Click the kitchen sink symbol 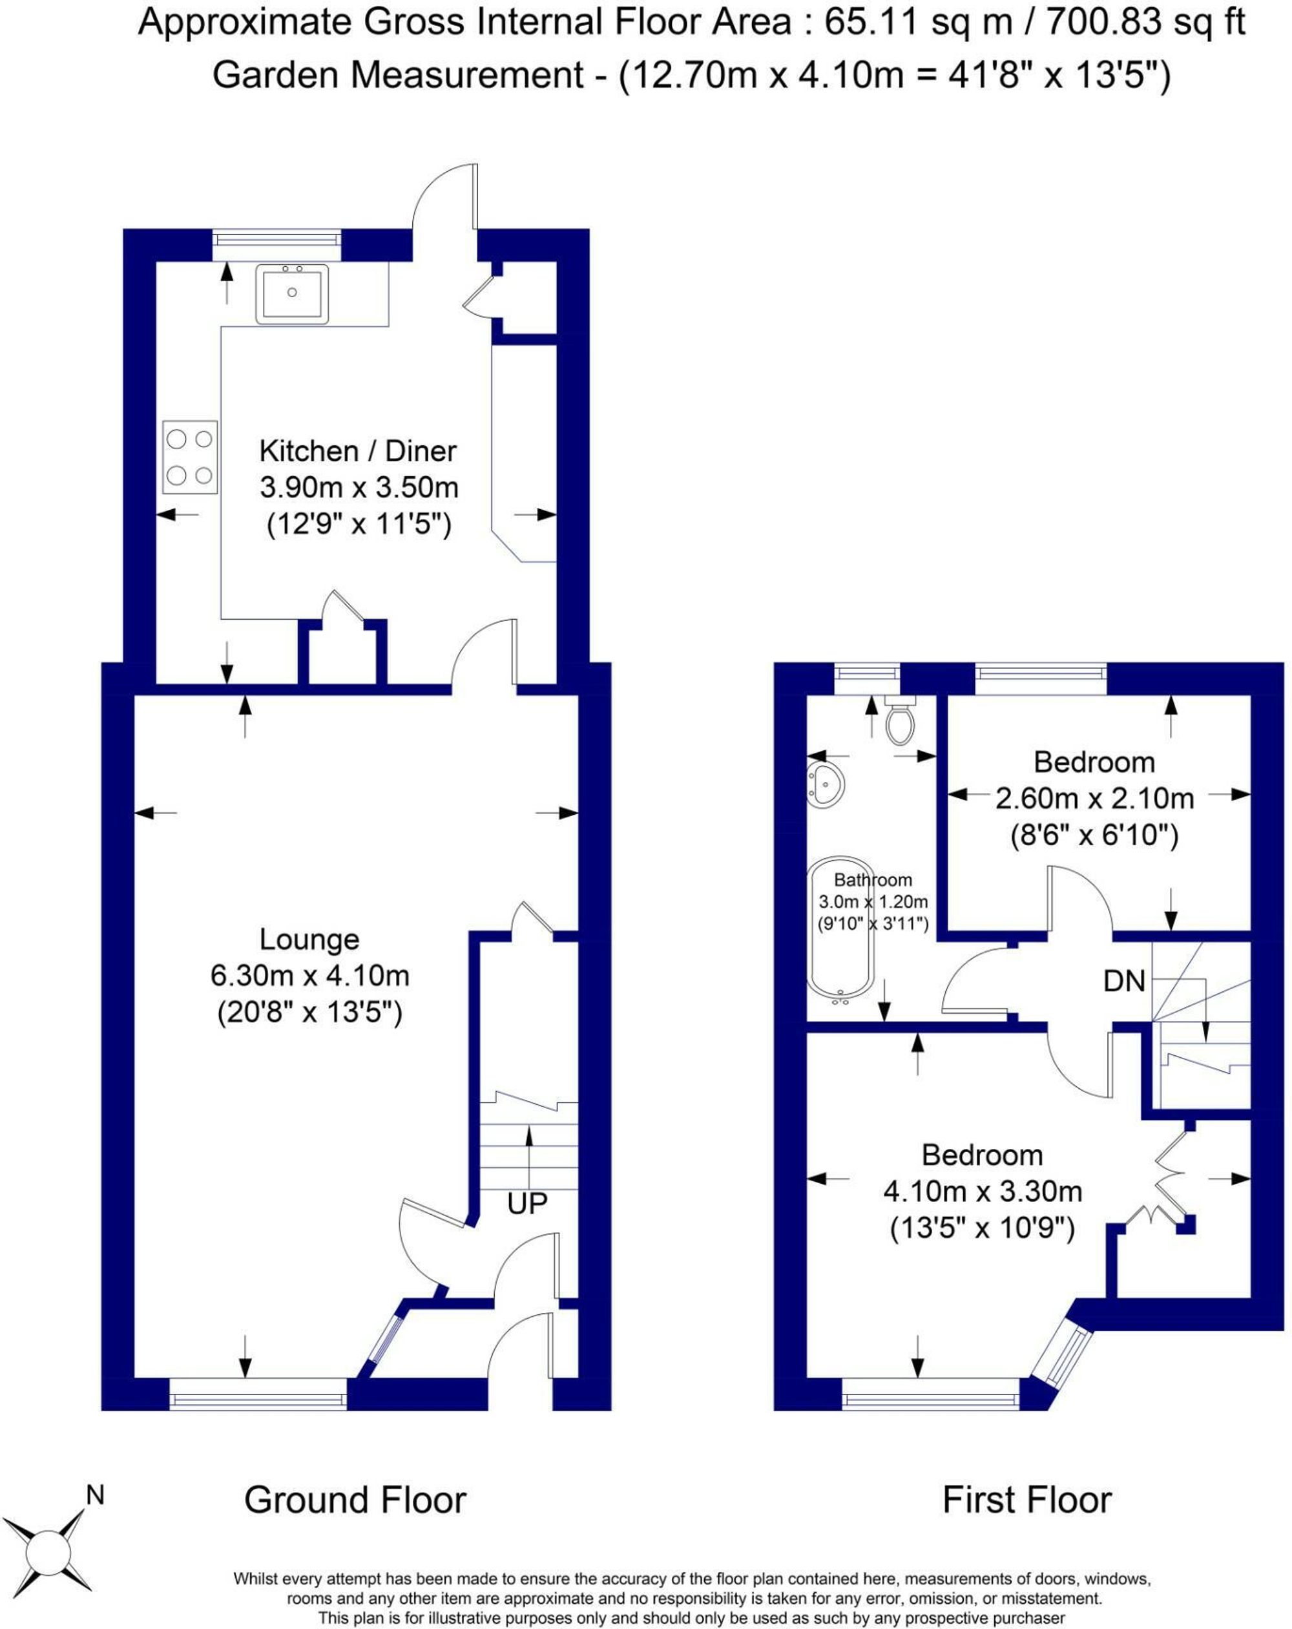coord(291,293)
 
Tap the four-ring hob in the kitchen coord(190,457)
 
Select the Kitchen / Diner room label coord(357,451)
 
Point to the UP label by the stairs coord(526,1203)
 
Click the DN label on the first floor coord(1124,981)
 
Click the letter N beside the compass coord(94,1495)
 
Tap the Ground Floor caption coord(355,1500)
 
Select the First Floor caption coord(1026,1500)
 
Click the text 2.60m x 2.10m coord(1094,799)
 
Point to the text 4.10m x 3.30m coord(982,1192)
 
